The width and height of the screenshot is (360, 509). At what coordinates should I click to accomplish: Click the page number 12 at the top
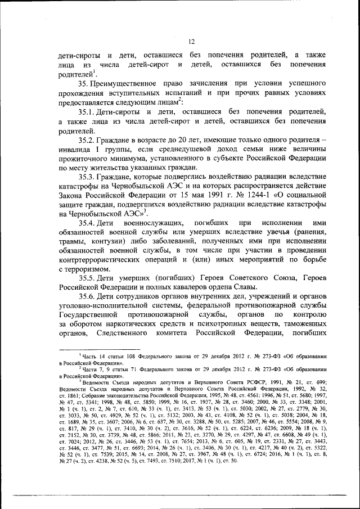[x=191, y=41]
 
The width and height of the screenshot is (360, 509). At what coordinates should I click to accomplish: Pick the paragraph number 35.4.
[x=89, y=224]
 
